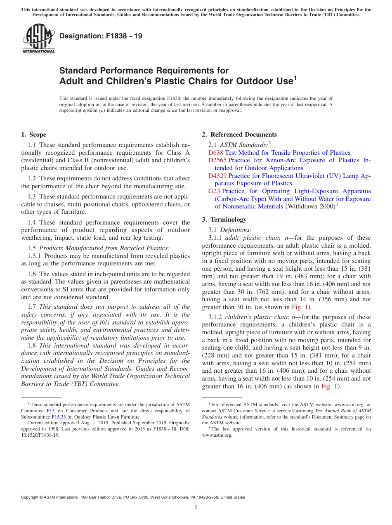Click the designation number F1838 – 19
[101, 36]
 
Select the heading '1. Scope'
[33, 135]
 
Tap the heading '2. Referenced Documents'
[239, 135]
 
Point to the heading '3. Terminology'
[224, 220]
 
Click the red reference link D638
[216, 153]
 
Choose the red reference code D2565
[217, 160]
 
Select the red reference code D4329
[217, 176]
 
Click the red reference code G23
[214, 191]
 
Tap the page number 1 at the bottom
[196, 507]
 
